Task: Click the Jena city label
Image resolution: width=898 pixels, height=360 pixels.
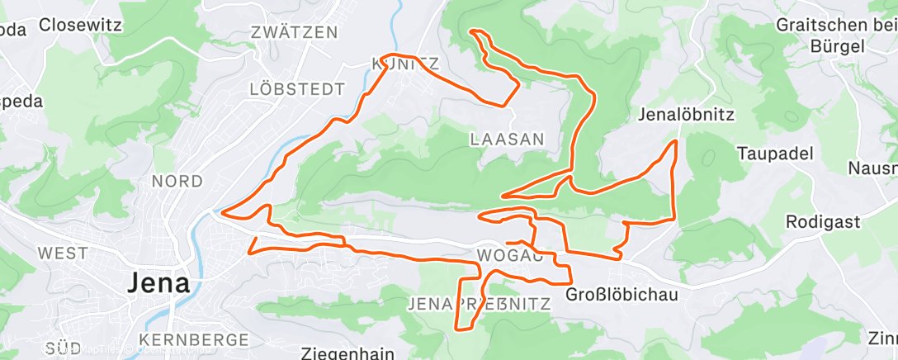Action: tap(158, 283)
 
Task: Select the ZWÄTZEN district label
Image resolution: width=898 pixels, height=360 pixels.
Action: tap(294, 33)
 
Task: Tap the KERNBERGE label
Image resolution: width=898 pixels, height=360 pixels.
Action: tap(194, 339)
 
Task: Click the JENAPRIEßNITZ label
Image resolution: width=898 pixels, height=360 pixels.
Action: tap(479, 305)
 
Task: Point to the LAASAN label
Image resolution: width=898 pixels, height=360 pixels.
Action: tap(507, 139)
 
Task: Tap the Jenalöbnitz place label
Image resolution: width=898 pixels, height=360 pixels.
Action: tap(686, 114)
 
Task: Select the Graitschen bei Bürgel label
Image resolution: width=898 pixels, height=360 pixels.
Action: tap(835, 35)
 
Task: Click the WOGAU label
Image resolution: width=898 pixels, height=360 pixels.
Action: tap(509, 255)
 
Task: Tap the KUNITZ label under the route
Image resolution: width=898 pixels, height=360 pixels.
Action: tap(405, 64)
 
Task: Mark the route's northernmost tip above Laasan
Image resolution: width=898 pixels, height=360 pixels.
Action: tap(473, 31)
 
